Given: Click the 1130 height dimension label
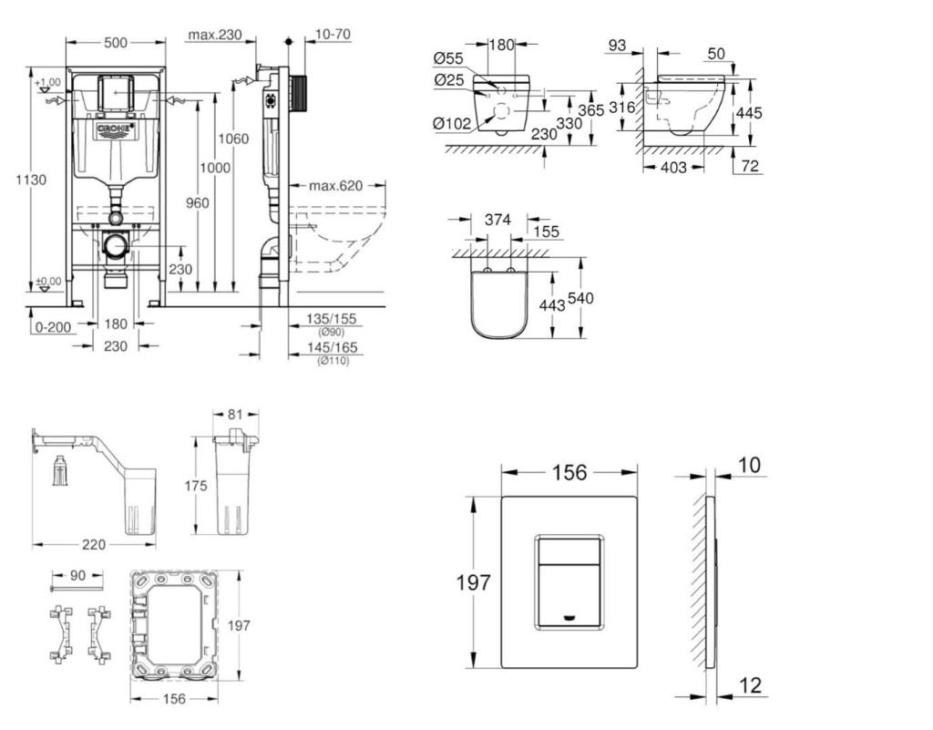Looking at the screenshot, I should (31, 180).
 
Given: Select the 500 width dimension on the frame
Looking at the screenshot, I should (115, 43).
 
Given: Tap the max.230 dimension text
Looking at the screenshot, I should (214, 36).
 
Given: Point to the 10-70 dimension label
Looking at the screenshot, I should (333, 36).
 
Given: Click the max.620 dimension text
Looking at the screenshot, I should (334, 186).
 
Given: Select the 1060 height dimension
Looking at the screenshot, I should (233, 139).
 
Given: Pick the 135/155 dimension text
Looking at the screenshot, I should (332, 320).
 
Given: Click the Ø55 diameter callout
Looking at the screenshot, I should (449, 58).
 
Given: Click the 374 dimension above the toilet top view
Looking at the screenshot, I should (497, 219).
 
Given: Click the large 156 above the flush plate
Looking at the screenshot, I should (569, 472).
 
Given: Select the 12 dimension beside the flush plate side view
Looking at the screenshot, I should (750, 684).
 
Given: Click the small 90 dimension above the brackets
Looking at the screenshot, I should (77, 576).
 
